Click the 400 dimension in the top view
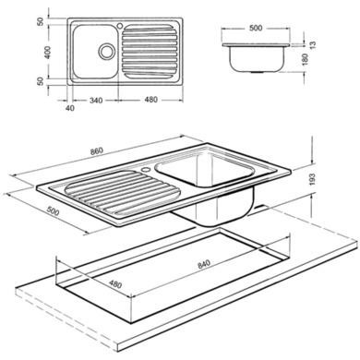[41, 53]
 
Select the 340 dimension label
[96, 101]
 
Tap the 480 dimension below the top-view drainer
[150, 100]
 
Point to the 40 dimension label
[70, 108]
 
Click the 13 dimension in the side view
[313, 45]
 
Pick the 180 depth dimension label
[305, 59]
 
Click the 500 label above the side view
[256, 28]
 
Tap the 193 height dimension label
[312, 179]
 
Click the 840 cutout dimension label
[204, 264]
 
